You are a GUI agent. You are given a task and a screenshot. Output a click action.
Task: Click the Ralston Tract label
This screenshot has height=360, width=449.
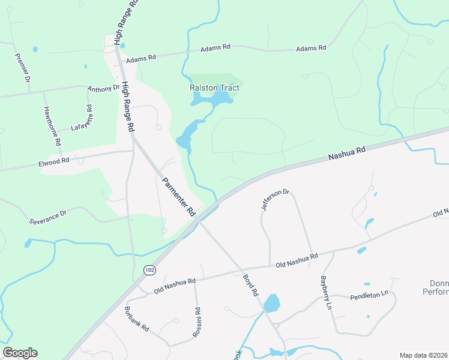(x=214, y=88)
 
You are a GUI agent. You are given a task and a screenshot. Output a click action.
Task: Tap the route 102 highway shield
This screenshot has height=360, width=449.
(x=148, y=271)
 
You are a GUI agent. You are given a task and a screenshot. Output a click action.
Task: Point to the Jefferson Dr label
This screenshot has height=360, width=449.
(x=276, y=200)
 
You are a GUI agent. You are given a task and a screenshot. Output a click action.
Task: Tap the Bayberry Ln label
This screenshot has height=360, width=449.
(x=325, y=292)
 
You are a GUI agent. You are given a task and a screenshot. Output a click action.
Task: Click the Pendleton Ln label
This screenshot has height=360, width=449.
(x=370, y=296)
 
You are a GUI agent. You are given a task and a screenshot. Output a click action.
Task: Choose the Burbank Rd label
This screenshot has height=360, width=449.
(x=136, y=319)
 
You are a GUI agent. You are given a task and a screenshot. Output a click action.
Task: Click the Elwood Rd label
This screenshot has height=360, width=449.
(x=53, y=161)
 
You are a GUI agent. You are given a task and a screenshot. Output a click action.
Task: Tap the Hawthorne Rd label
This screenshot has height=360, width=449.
(x=52, y=127)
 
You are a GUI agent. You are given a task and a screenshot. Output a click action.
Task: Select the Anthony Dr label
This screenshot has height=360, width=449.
(x=104, y=88)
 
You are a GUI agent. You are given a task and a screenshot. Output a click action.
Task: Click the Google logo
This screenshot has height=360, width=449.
(x=20, y=353)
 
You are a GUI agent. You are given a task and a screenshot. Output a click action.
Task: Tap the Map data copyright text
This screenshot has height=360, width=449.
(x=423, y=355)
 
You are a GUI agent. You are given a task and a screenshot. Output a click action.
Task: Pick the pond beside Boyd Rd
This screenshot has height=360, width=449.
(x=271, y=303)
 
